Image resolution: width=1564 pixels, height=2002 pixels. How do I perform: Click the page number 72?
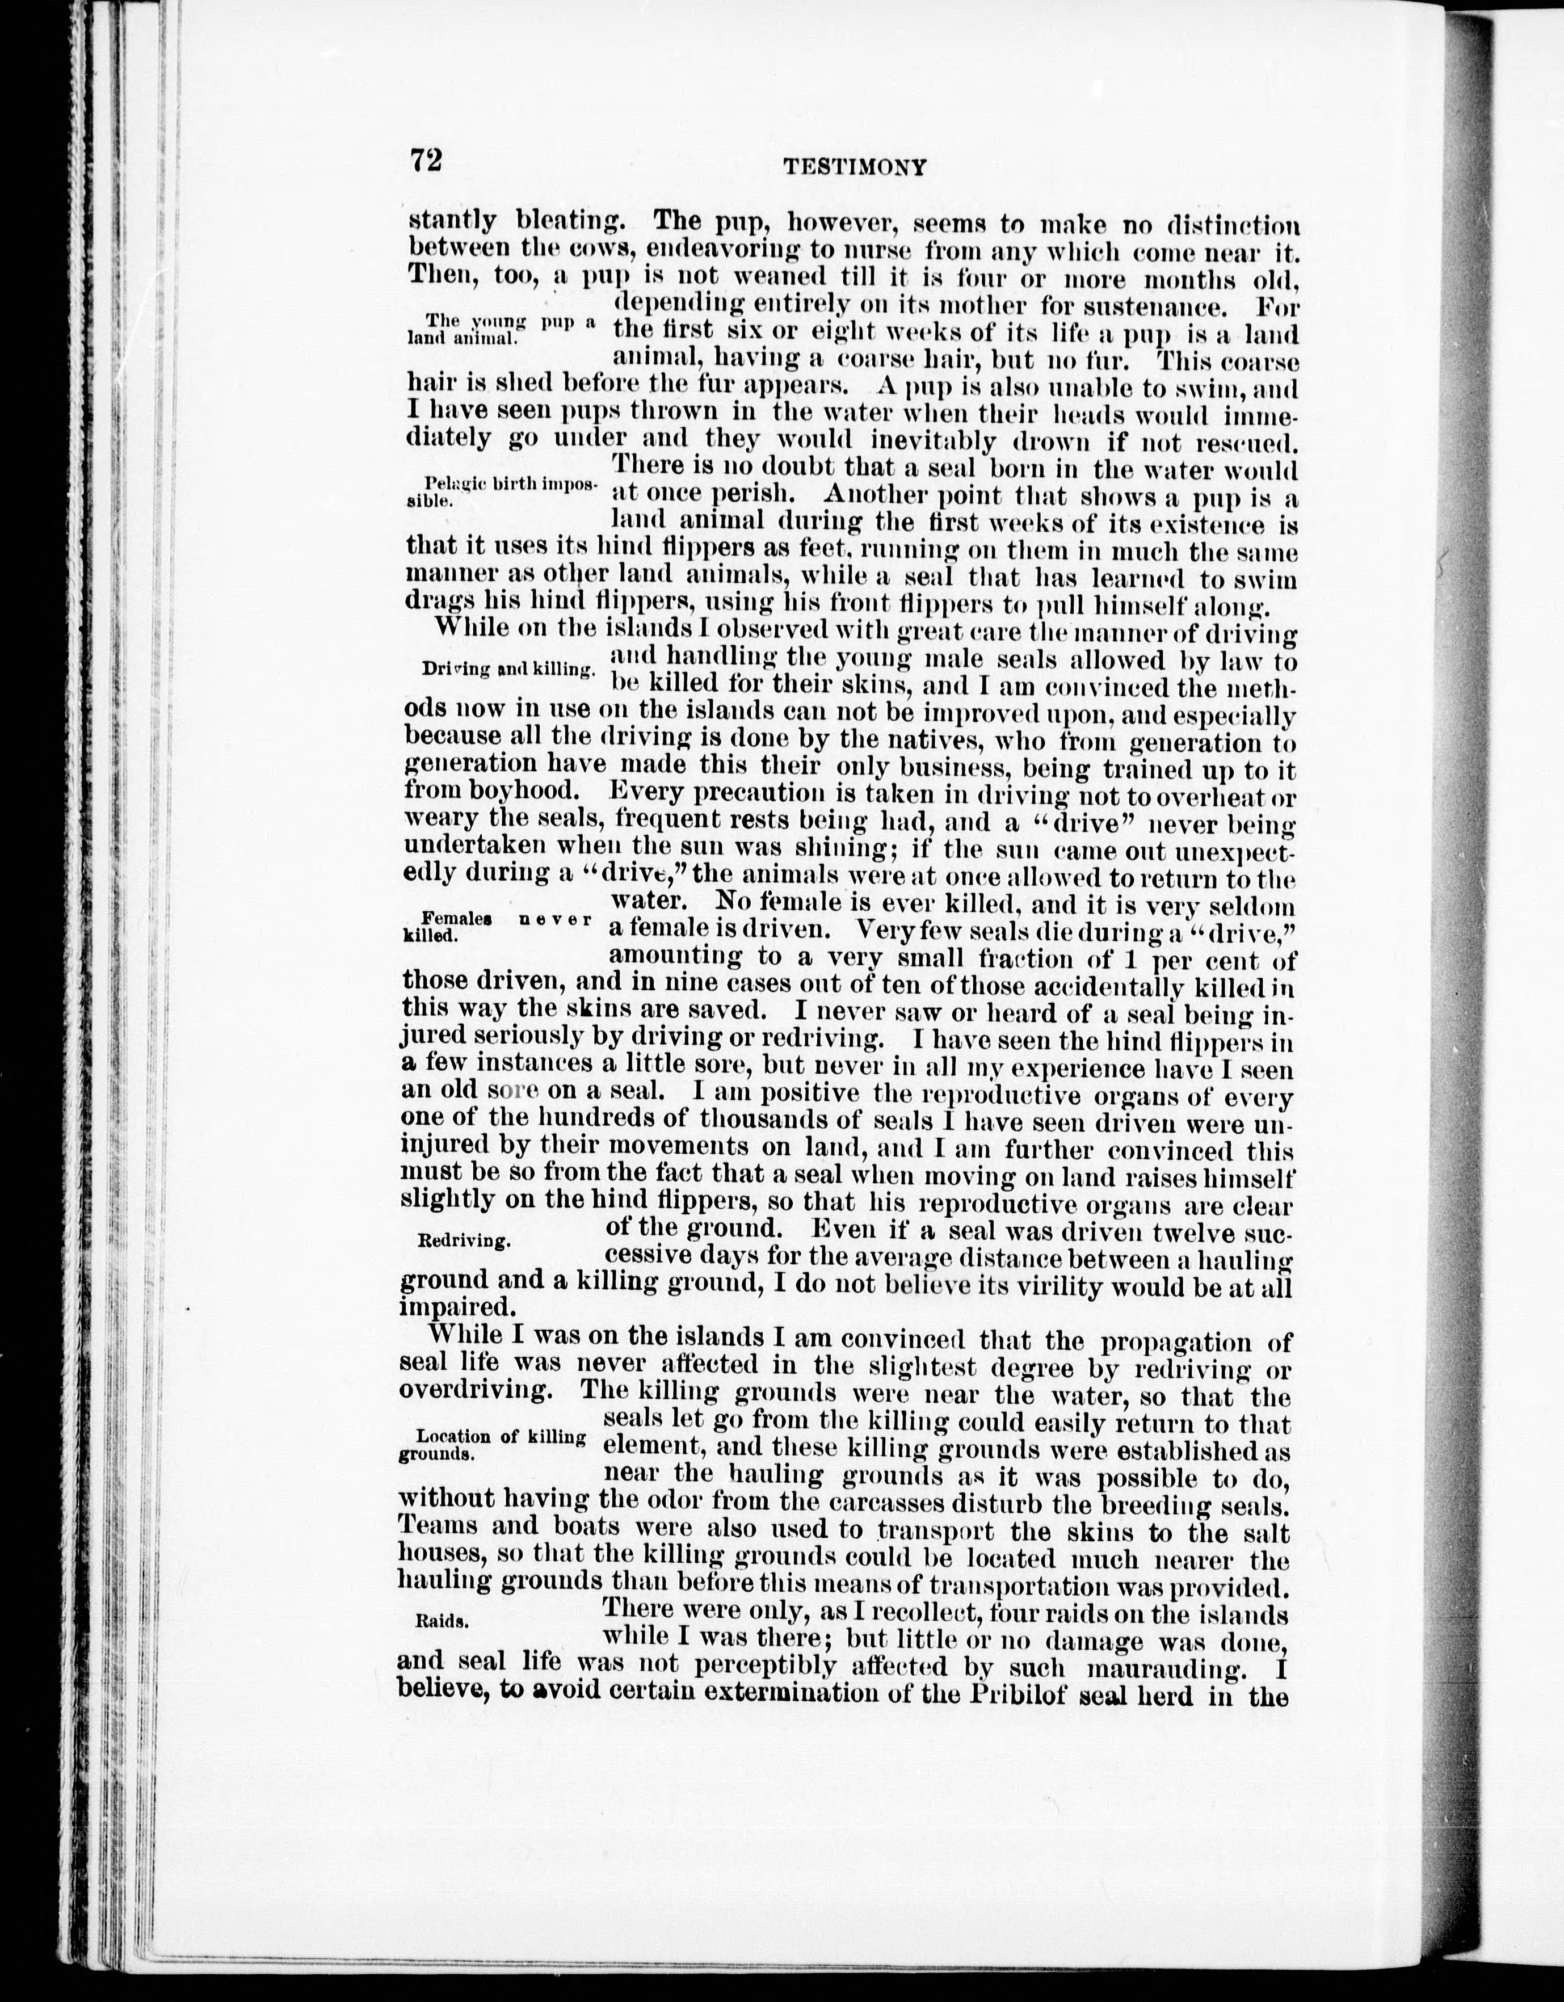coord(426,161)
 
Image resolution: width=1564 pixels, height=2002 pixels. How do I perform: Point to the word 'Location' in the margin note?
coord(454,1436)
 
